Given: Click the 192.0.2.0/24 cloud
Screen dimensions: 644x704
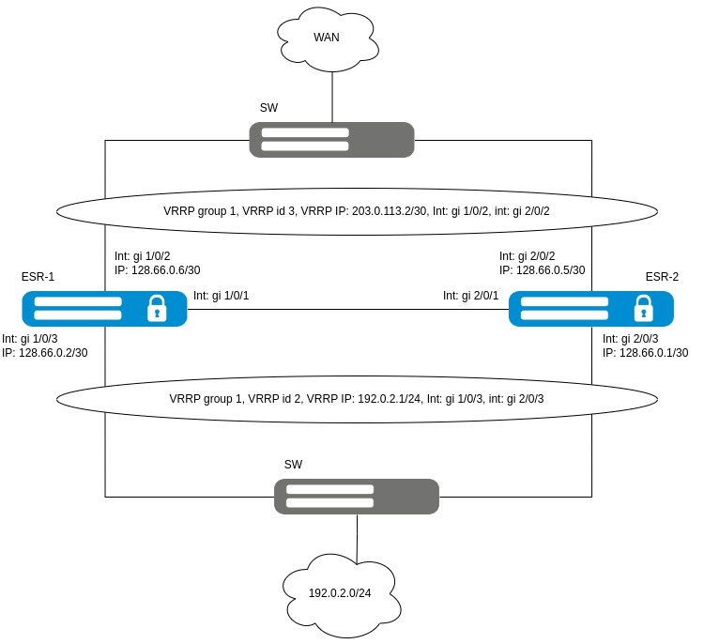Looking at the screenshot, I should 358,592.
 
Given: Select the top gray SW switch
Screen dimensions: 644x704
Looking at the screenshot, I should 332,140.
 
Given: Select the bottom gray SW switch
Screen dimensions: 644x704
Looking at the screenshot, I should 357,496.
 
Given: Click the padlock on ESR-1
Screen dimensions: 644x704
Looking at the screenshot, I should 157,308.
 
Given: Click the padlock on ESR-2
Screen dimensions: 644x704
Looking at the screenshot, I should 643,308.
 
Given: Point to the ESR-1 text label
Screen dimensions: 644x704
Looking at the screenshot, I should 38,277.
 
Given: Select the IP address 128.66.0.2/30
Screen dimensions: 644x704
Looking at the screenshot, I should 51,353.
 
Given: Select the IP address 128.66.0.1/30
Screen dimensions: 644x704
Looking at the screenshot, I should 646,353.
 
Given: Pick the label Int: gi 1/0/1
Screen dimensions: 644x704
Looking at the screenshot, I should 227,296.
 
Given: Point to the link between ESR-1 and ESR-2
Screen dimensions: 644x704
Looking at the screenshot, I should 347,310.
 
